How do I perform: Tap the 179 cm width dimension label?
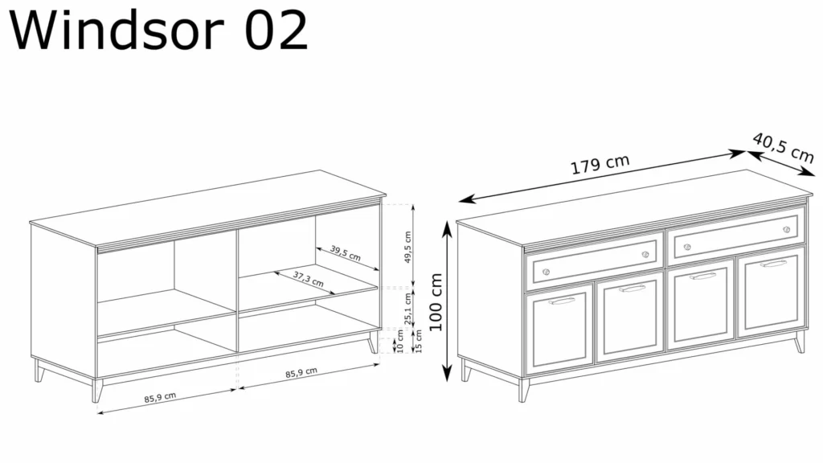coord(600,164)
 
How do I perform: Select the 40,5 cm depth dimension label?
coord(783,148)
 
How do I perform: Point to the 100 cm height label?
coord(436,302)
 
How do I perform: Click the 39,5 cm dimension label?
coord(346,253)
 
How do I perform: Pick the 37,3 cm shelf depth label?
coord(308,279)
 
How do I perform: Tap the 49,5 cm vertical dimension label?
coord(407,247)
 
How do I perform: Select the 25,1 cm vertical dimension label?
coord(407,309)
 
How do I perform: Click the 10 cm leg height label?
coord(400,341)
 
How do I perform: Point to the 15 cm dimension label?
coord(418,341)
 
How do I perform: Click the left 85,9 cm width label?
coord(160,397)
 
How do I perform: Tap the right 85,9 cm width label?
coord(301,373)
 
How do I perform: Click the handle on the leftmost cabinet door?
coord(562,301)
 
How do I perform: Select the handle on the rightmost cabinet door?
coord(773,264)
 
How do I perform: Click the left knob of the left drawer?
coord(546,272)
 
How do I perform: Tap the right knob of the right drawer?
coord(786,229)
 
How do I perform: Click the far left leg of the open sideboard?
coord(39,370)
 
